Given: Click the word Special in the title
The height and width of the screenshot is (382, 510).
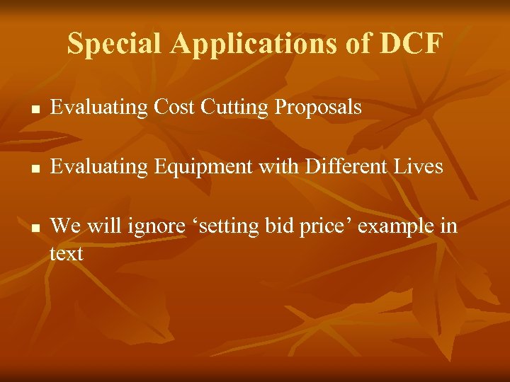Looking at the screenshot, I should click(x=115, y=45).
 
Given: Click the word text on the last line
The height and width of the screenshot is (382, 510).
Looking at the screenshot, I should click(x=67, y=253).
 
